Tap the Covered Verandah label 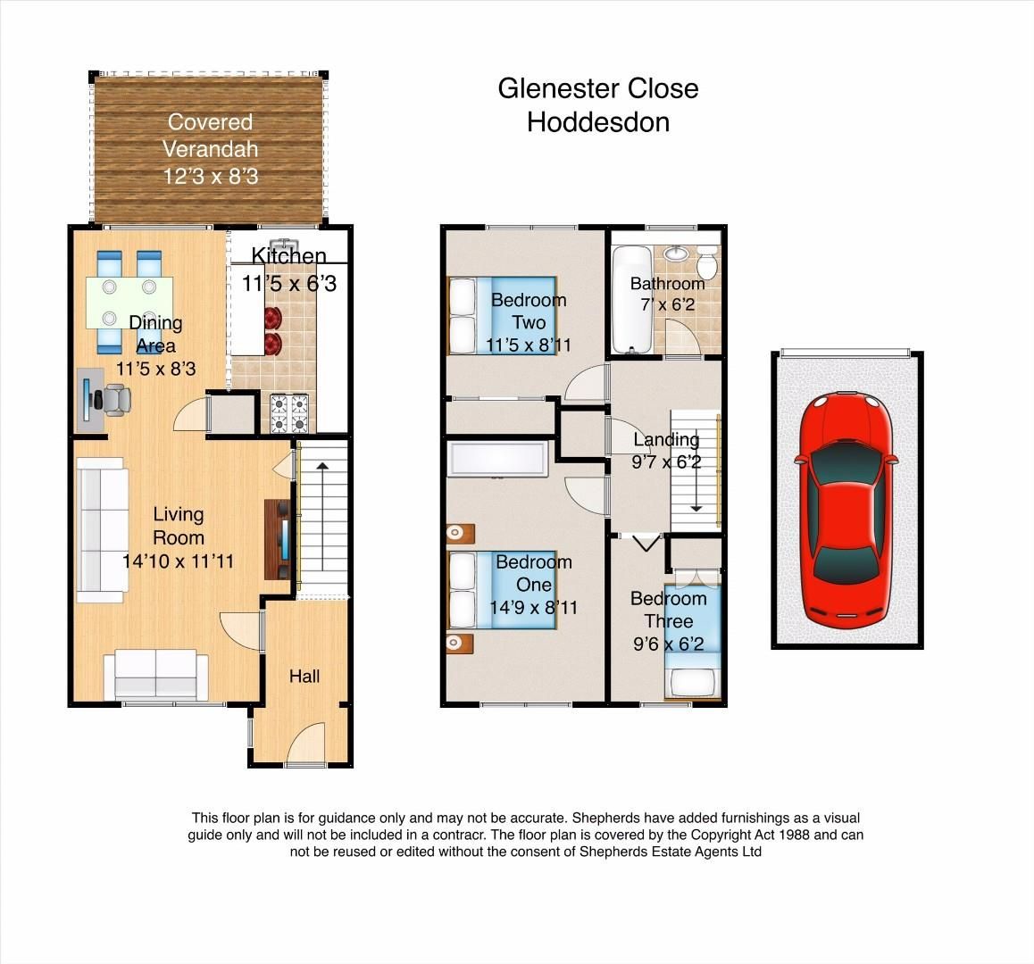[211, 135]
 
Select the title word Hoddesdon [597, 121]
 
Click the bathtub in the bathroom [632, 300]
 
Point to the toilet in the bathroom [707, 265]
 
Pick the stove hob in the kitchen [289, 413]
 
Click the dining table [129, 303]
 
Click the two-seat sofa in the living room [156, 674]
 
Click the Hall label [304, 677]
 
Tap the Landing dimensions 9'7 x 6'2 [667, 462]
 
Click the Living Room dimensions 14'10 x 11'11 [178, 561]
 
